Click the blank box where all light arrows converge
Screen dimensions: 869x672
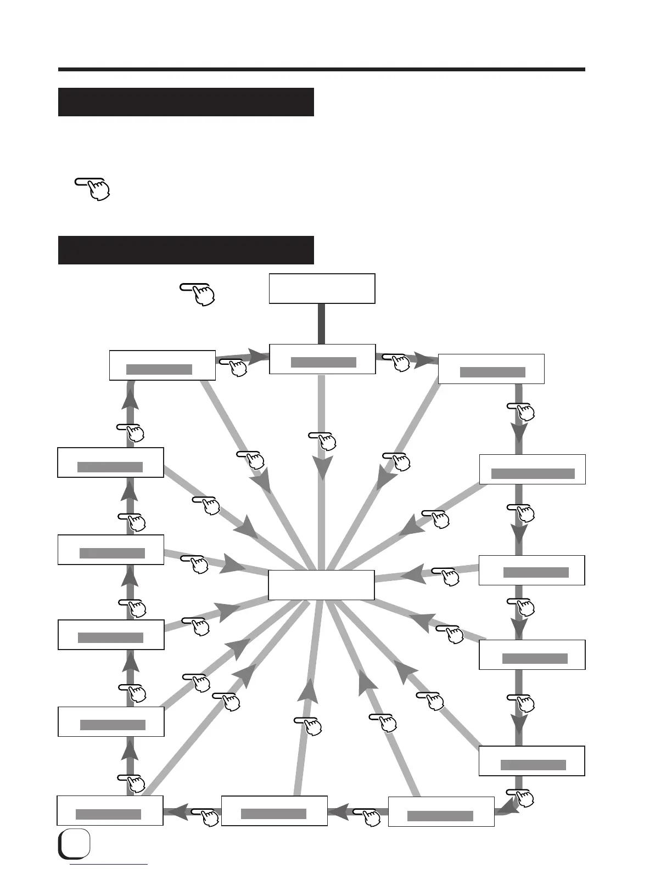click(321, 585)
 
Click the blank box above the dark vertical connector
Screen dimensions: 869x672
click(322, 289)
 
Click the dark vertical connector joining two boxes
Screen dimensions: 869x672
click(322, 324)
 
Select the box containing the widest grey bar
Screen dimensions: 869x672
click(532, 469)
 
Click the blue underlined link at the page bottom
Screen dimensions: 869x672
click(110, 865)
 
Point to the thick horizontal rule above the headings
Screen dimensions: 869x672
click(321, 70)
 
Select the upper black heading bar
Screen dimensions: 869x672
click(186, 102)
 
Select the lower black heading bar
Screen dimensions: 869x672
click(186, 250)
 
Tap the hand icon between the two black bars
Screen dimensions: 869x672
click(93, 187)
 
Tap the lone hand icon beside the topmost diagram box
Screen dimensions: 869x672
click(198, 294)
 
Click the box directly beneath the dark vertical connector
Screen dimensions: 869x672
click(322, 359)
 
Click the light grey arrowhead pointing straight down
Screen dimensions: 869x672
click(322, 468)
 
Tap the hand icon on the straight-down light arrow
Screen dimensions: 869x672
click(323, 440)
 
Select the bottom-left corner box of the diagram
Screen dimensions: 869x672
click(110, 810)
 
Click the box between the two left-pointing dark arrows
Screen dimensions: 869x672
click(274, 810)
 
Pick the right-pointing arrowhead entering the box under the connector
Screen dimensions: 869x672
click(257, 355)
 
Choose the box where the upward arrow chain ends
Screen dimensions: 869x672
click(162, 365)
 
